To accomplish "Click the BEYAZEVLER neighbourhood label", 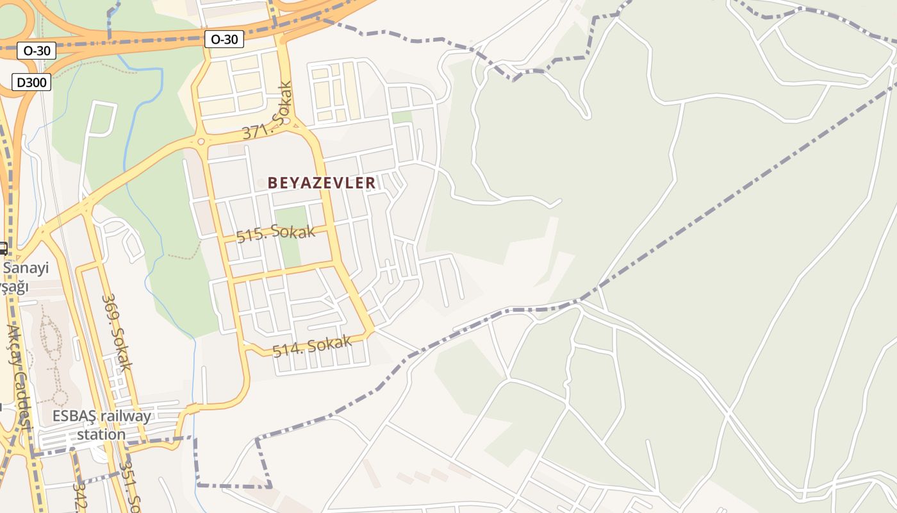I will [x=322, y=183].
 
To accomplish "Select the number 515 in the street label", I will [x=247, y=236].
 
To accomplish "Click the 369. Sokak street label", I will [x=117, y=332].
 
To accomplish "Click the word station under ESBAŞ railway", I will [x=101, y=434].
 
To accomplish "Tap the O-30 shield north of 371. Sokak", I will [x=224, y=39].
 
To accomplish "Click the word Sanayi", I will [x=26, y=268].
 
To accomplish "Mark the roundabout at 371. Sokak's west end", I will [x=201, y=141].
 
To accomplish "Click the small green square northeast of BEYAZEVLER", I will [x=402, y=117].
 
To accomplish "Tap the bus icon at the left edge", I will [x=3, y=248].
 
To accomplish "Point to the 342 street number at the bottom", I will [x=80, y=497].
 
